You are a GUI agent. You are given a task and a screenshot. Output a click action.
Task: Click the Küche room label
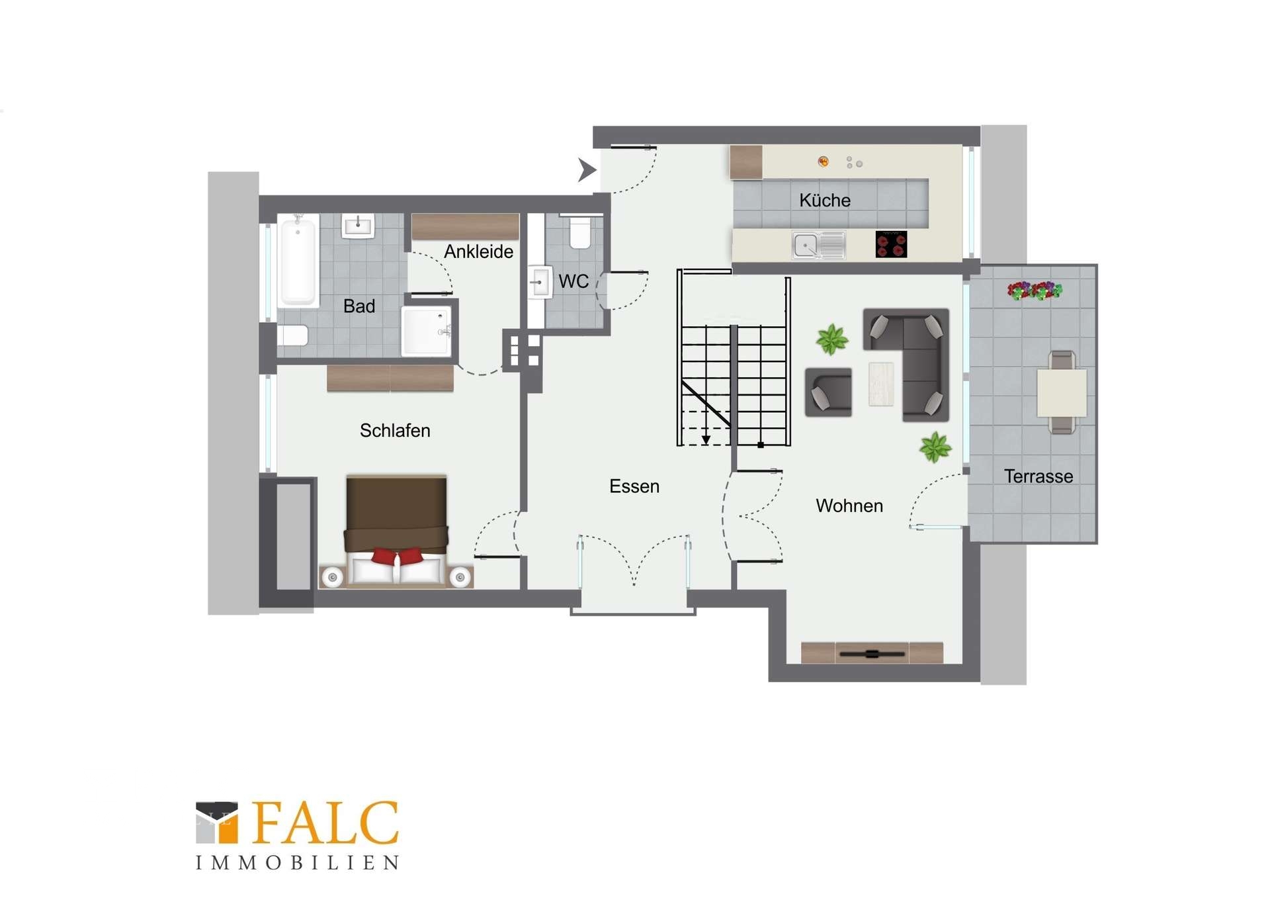[824, 201]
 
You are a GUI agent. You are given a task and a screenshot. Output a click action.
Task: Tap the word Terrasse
[1038, 476]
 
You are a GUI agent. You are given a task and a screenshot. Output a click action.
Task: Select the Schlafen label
[395, 431]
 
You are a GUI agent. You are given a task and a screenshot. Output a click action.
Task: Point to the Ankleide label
[478, 251]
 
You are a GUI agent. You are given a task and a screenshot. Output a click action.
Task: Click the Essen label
[634, 486]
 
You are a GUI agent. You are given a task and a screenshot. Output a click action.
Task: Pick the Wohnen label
[849, 506]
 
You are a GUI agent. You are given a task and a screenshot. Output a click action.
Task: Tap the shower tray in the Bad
[427, 331]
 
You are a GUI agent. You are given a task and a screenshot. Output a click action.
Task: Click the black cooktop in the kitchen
[891, 244]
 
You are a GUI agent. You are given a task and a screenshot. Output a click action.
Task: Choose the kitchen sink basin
[806, 246]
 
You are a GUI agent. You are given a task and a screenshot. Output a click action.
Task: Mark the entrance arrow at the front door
[587, 169]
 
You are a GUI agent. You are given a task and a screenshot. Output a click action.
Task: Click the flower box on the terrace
[1035, 291]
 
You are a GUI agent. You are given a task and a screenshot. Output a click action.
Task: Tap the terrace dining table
[1062, 393]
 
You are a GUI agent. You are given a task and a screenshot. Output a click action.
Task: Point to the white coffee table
[881, 384]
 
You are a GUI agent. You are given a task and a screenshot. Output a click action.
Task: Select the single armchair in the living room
[828, 392]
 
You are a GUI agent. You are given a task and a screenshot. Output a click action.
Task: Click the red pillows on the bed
[397, 556]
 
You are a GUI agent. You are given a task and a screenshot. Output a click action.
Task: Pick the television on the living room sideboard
[872, 654]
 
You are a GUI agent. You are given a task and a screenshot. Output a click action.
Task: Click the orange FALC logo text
[325, 823]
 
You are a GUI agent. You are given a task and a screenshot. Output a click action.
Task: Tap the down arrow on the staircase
[706, 439]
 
